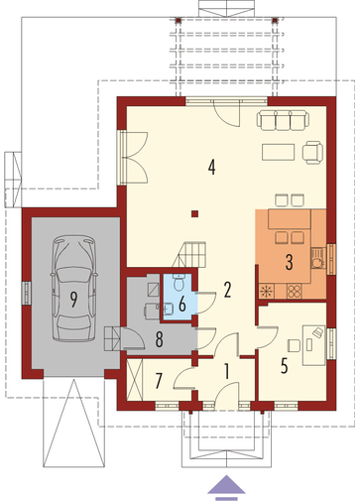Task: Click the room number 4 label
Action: pos(212,167)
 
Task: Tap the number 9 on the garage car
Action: pos(73,300)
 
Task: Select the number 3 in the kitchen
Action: pos(289,262)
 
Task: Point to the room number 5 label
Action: pos(284,366)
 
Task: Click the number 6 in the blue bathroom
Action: pos(182,304)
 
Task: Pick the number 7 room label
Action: pos(159,381)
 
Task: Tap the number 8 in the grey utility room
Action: pos(159,339)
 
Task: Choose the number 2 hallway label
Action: pos(227,290)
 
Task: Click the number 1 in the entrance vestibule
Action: pos(226,371)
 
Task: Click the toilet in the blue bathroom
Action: pos(180,282)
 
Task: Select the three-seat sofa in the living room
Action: pos(283,120)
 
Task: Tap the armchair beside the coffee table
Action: pos(312,153)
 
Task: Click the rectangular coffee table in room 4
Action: pos(279,152)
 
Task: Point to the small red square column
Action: pos(195,213)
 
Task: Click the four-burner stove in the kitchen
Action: pos(295,291)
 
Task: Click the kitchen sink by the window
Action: pos(317,259)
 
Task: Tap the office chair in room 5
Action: pos(294,345)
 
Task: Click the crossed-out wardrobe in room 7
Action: pos(134,380)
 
